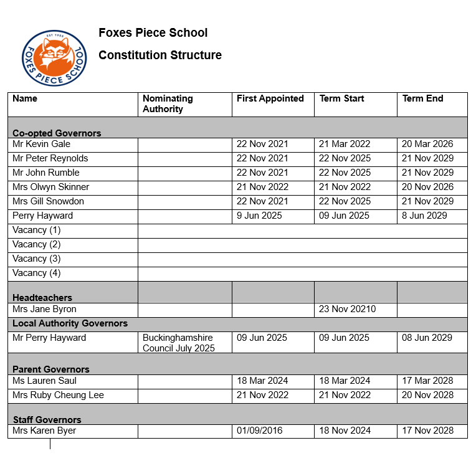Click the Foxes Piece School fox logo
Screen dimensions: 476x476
[52, 58]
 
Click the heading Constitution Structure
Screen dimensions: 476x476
[160, 55]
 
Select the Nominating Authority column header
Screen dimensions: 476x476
[168, 103]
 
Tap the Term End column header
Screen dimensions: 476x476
[422, 98]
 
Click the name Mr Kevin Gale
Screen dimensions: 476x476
[42, 144]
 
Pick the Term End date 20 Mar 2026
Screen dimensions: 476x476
[427, 144]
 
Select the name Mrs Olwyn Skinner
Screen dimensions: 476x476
[50, 187]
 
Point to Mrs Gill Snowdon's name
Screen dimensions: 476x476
[48, 201]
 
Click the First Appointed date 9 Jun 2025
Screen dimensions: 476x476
[259, 216]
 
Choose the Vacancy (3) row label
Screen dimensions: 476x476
[37, 259]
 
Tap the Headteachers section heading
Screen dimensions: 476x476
[42, 298]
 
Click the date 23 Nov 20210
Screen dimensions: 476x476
[347, 309]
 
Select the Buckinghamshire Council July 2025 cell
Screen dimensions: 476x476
[179, 343]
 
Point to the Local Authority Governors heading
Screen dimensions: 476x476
[70, 323]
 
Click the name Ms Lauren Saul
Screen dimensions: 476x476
[44, 381]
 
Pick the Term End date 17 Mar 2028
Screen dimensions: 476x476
[427, 381]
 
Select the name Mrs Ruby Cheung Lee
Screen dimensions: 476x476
[58, 395]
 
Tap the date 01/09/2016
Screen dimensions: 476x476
[260, 431]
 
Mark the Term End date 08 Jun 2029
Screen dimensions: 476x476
[427, 338]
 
